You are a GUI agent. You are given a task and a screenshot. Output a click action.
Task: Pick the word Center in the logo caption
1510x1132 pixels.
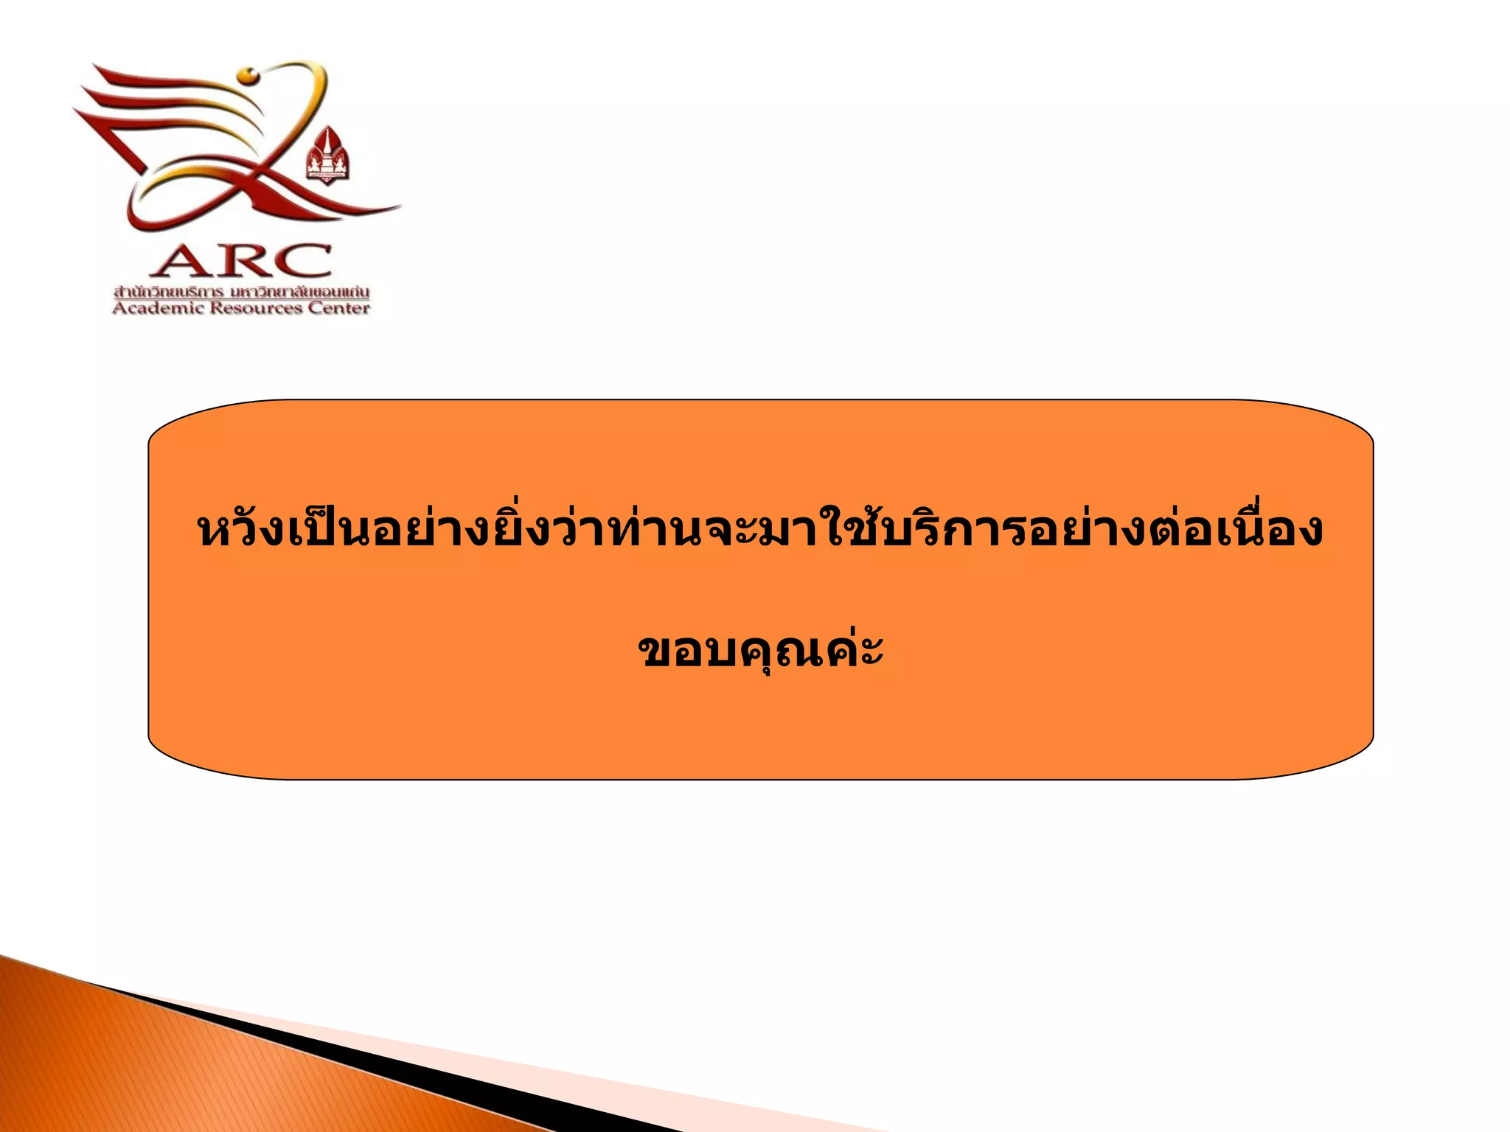click(338, 309)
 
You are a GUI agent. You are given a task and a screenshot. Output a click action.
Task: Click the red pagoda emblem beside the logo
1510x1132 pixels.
click(327, 154)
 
